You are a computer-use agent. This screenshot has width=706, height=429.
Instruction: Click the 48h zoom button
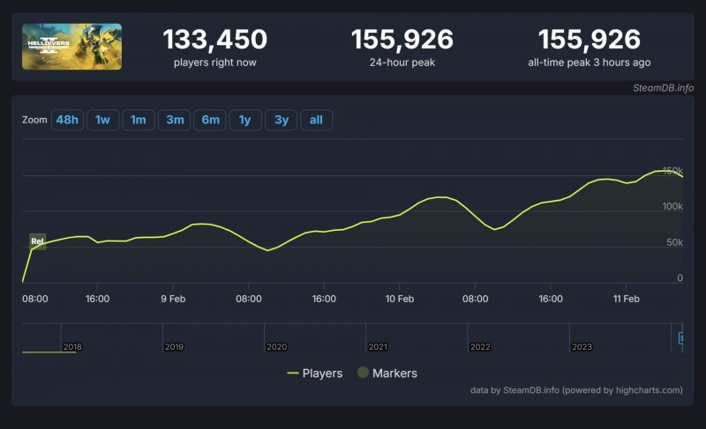pyautogui.click(x=67, y=120)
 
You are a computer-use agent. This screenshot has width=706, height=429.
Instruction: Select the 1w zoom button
pyautogui.click(x=102, y=120)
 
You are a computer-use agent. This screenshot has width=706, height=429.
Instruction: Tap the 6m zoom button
pyautogui.click(x=210, y=120)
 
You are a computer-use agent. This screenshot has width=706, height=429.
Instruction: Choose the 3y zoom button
pyautogui.click(x=281, y=120)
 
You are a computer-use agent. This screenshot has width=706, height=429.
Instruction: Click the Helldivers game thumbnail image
pyautogui.click(x=71, y=47)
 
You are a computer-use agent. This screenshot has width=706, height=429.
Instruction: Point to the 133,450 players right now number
pyautogui.click(x=214, y=40)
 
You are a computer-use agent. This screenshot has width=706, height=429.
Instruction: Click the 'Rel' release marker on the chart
pyautogui.click(x=37, y=240)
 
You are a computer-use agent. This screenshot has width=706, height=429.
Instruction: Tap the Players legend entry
pyautogui.click(x=315, y=374)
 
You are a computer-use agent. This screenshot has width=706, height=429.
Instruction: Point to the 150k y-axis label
pyautogui.click(x=672, y=170)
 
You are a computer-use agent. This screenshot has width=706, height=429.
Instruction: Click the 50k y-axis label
pyautogui.click(x=673, y=242)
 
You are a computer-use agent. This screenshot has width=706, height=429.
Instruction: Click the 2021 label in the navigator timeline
pyautogui.click(x=378, y=347)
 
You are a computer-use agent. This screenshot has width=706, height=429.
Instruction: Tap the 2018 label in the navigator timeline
pyautogui.click(x=72, y=347)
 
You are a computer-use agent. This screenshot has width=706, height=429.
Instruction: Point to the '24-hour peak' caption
pyautogui.click(x=402, y=63)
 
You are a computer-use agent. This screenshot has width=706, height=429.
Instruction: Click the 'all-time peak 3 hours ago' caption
pyautogui.click(x=589, y=63)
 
